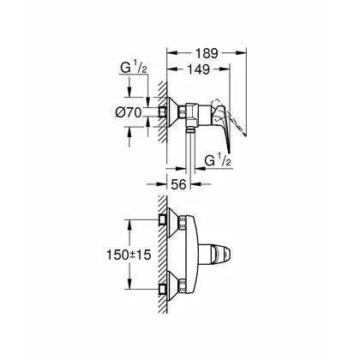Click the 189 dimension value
[207, 53]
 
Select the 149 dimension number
[199, 69]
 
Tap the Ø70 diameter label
[129, 113]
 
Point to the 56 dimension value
[178, 184]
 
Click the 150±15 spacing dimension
[129, 255]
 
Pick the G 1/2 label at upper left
[134, 69]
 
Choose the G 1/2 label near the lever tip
[218, 160]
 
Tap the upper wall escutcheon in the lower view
[173, 223]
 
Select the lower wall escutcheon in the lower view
[173, 285]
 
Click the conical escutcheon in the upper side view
[173, 112]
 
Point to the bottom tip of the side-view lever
[229, 153]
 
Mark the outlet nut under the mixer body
[190, 129]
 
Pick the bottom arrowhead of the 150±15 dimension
[129, 285]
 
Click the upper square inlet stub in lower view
[163, 219]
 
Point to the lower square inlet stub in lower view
[163, 290]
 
